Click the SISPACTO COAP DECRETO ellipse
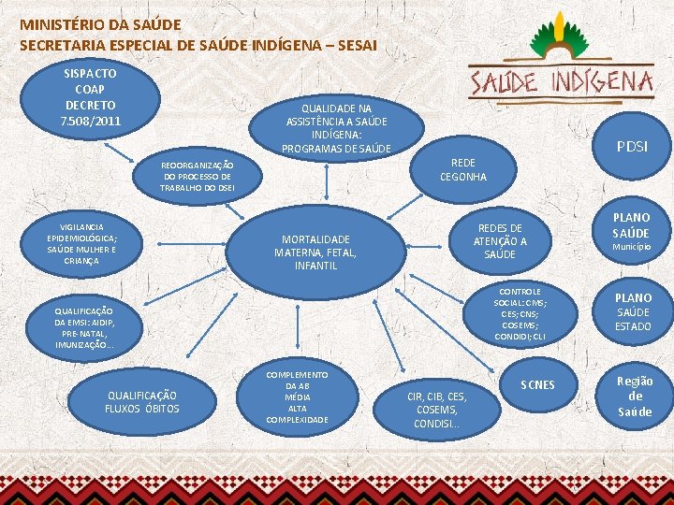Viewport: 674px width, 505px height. (x=90, y=96)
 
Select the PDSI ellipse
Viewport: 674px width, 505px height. (x=631, y=146)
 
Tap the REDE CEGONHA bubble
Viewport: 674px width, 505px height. (x=463, y=169)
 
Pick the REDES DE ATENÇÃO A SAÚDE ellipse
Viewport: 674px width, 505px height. (x=500, y=241)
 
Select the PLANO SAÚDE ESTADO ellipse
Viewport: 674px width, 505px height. (x=632, y=311)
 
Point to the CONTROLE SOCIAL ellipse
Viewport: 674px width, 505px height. (x=520, y=314)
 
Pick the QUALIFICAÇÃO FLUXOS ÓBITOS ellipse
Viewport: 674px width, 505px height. (x=141, y=402)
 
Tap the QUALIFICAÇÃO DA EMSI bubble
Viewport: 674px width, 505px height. (x=83, y=327)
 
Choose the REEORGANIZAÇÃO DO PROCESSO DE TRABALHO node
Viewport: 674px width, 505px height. (x=197, y=176)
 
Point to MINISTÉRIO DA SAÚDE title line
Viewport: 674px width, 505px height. (x=100, y=23)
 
